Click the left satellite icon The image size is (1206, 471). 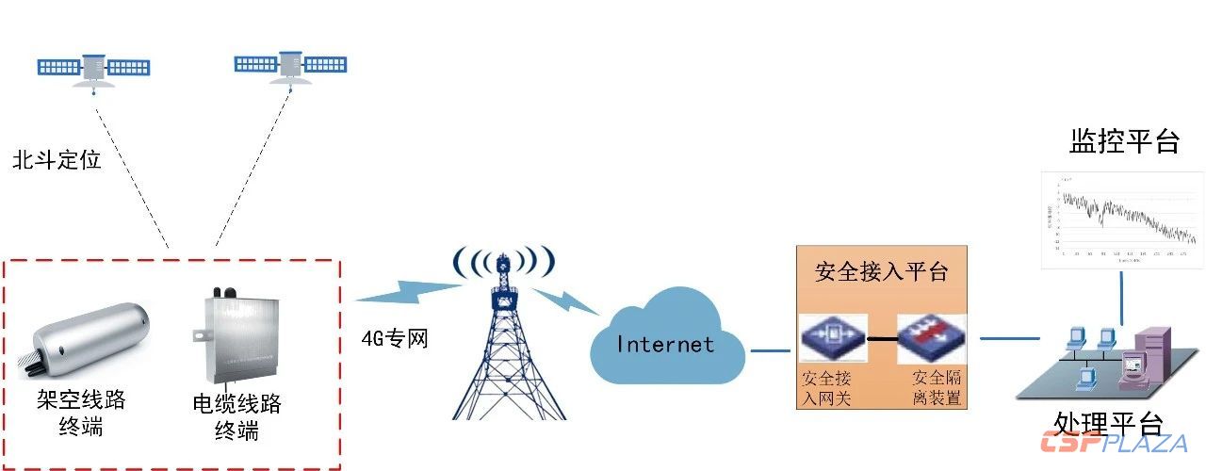93,68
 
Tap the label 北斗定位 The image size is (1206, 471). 57,159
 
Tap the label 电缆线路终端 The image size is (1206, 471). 236,417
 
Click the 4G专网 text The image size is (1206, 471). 395,337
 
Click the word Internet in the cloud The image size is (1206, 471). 665,344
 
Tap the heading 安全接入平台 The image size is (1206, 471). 881,272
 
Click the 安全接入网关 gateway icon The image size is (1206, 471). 833,337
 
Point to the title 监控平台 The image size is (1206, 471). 1124,141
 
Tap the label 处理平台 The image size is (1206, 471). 1109,422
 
